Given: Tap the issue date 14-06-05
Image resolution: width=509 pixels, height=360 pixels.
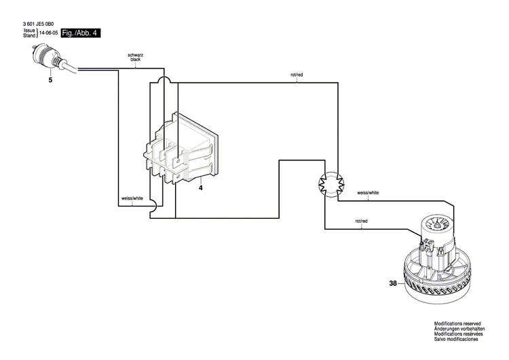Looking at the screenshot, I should (48, 33).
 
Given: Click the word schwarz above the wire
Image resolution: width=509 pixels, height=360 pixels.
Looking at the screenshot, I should (135, 55).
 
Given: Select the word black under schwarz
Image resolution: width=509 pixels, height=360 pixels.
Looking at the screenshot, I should (135, 60).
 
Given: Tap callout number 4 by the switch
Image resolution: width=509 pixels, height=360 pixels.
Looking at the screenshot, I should (201, 187).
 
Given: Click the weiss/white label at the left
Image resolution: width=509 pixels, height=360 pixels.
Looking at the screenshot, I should (132, 198).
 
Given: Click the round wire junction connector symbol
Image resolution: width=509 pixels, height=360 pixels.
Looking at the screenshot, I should (331, 182).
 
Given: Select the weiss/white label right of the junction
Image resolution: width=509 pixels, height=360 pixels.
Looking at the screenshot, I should (368, 193).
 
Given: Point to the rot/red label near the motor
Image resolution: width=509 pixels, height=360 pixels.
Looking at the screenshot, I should (361, 221).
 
